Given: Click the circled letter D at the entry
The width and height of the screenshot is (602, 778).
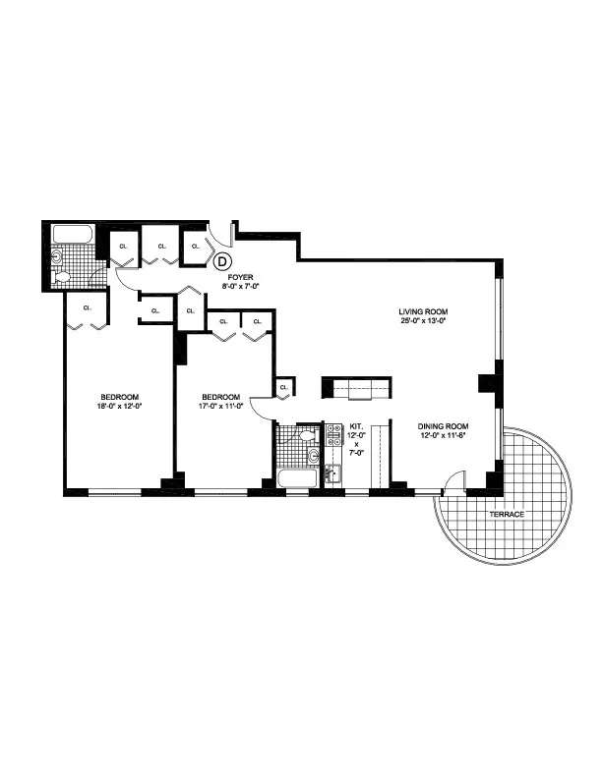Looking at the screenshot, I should [222, 261].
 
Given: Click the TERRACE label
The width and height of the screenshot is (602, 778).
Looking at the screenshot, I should [508, 515].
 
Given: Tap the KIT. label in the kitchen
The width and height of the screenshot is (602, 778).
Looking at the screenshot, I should [357, 426].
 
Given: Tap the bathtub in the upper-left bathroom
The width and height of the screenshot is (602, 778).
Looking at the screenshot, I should [73, 234].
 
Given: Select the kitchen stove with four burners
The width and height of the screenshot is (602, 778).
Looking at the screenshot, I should [332, 434].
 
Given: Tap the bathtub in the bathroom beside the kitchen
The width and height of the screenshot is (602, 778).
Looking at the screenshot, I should [296, 478].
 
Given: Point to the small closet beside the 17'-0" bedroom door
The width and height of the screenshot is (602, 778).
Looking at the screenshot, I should [284, 387].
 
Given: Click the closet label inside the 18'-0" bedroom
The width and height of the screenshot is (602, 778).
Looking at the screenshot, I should [87, 308].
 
